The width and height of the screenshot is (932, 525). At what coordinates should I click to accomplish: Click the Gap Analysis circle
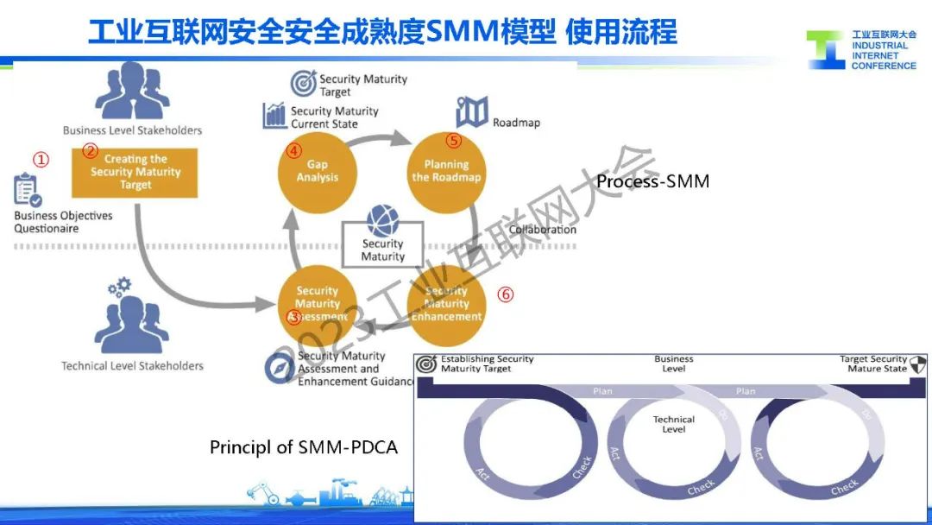tap(317, 171)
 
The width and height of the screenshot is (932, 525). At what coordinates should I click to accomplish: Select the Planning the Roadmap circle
tap(446, 171)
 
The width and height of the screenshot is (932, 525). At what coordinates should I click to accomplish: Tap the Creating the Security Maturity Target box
tap(135, 172)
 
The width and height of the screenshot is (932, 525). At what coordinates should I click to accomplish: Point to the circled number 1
tap(41, 160)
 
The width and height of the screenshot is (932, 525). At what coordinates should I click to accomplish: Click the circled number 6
tap(506, 294)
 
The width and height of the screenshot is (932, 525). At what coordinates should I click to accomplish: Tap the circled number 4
tap(294, 150)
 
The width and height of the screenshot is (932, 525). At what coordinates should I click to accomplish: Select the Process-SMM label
tap(652, 181)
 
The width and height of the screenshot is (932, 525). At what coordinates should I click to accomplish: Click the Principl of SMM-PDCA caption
tap(304, 447)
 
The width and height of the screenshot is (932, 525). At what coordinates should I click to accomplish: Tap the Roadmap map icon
tap(472, 111)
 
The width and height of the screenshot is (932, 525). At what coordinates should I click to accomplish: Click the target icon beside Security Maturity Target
tap(304, 83)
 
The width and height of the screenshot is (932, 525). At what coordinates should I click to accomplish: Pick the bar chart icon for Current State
tap(274, 116)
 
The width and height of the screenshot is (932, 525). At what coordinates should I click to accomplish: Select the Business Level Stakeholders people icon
tap(132, 92)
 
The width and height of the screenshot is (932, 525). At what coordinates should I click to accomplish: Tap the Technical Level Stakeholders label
tap(132, 366)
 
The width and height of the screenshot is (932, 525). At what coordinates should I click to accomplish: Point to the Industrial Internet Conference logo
tap(860, 50)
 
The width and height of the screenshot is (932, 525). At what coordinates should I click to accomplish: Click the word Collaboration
tap(542, 230)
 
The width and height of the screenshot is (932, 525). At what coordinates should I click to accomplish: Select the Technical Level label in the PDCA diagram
tap(674, 424)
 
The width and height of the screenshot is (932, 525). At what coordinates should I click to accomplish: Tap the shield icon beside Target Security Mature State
tap(918, 364)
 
